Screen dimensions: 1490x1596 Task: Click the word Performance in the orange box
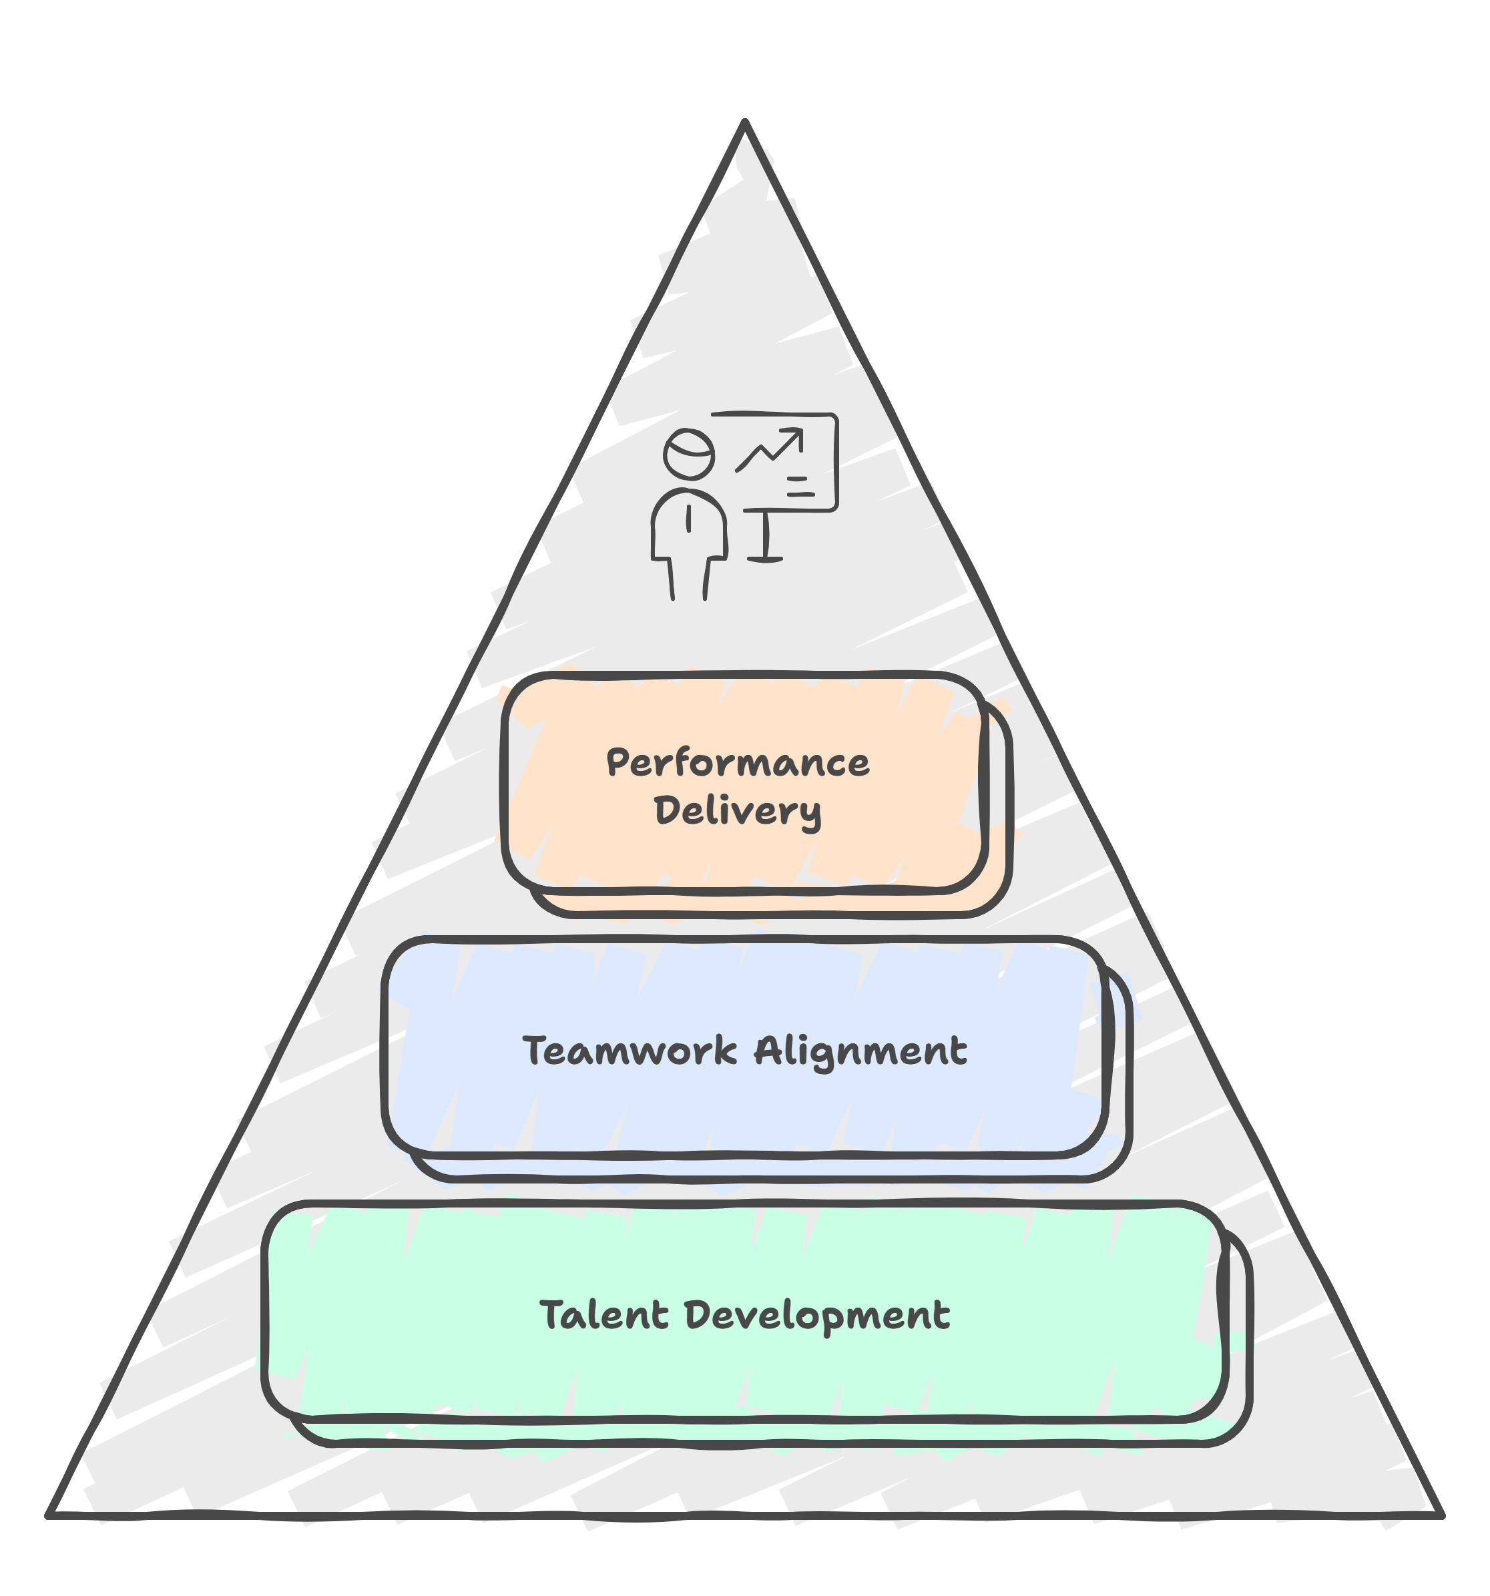(737, 764)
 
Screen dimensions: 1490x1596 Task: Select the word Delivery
(737, 811)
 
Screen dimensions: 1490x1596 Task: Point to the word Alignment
(860, 1053)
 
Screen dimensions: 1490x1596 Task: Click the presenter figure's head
(689, 452)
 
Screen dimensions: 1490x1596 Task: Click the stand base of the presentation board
(764, 558)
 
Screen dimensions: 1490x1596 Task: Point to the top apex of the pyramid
(745, 124)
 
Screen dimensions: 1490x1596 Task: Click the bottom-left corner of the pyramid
(53, 1509)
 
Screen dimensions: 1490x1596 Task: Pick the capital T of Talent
(551, 1314)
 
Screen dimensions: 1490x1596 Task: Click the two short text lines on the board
(799, 487)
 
